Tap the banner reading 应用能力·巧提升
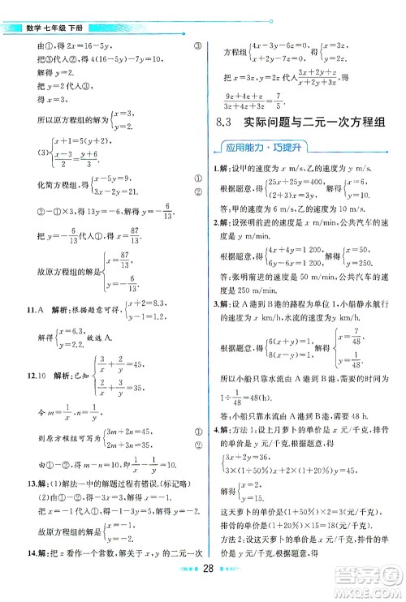[254, 150]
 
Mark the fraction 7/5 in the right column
[303, 105]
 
